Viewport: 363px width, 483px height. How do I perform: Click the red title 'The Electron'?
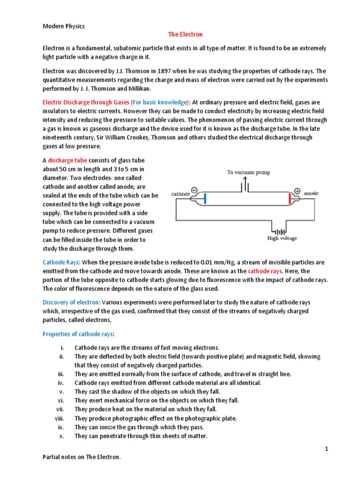(185, 35)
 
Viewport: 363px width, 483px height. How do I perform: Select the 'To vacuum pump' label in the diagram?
(249, 173)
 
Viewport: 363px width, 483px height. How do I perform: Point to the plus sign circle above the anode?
(297, 191)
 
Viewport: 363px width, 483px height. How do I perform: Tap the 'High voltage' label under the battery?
(282, 238)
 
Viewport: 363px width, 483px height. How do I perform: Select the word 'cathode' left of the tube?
(180, 194)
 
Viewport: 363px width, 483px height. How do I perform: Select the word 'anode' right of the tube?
(311, 193)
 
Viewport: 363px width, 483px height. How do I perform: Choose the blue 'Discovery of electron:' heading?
(71, 302)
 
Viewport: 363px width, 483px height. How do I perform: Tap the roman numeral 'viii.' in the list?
(59, 418)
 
